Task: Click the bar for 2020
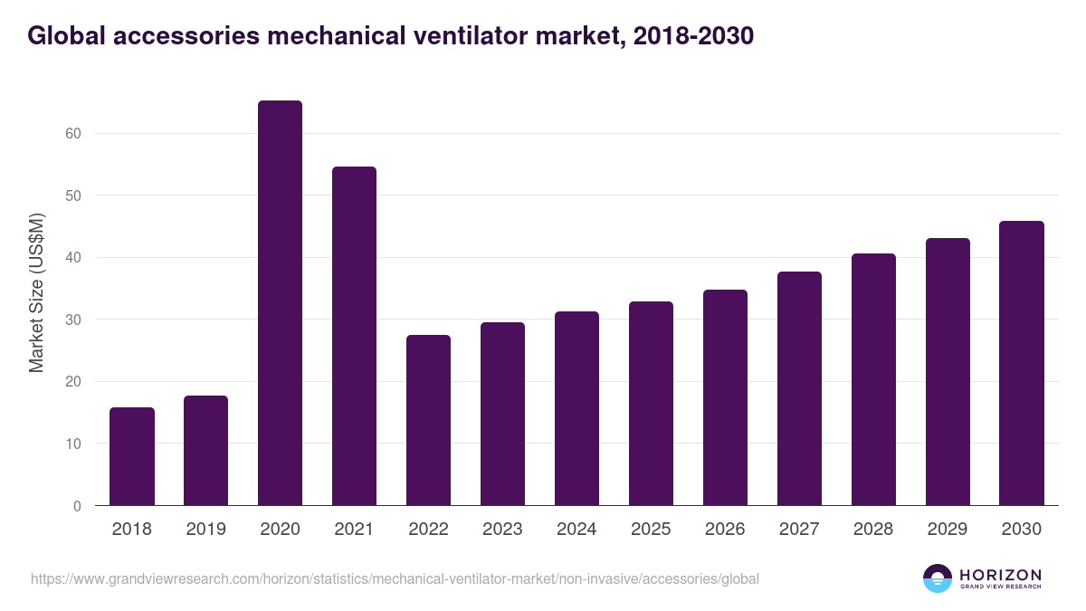pos(280,303)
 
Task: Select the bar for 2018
pos(132,456)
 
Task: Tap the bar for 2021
pos(354,336)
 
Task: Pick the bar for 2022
pos(428,420)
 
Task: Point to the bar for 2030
pos(1022,363)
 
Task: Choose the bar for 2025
pos(651,404)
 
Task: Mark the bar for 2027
pos(799,388)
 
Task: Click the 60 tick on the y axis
pos(73,134)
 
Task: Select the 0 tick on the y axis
pos(77,506)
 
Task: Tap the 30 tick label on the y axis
pos(73,320)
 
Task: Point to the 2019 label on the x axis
pos(206,530)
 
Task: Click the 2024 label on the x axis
pos(576,530)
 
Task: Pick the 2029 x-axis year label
pos(948,530)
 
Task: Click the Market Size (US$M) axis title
pos(36,292)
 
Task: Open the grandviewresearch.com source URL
pos(395,578)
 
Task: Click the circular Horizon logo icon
pos(938,578)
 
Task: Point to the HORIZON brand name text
pos(1000,574)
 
